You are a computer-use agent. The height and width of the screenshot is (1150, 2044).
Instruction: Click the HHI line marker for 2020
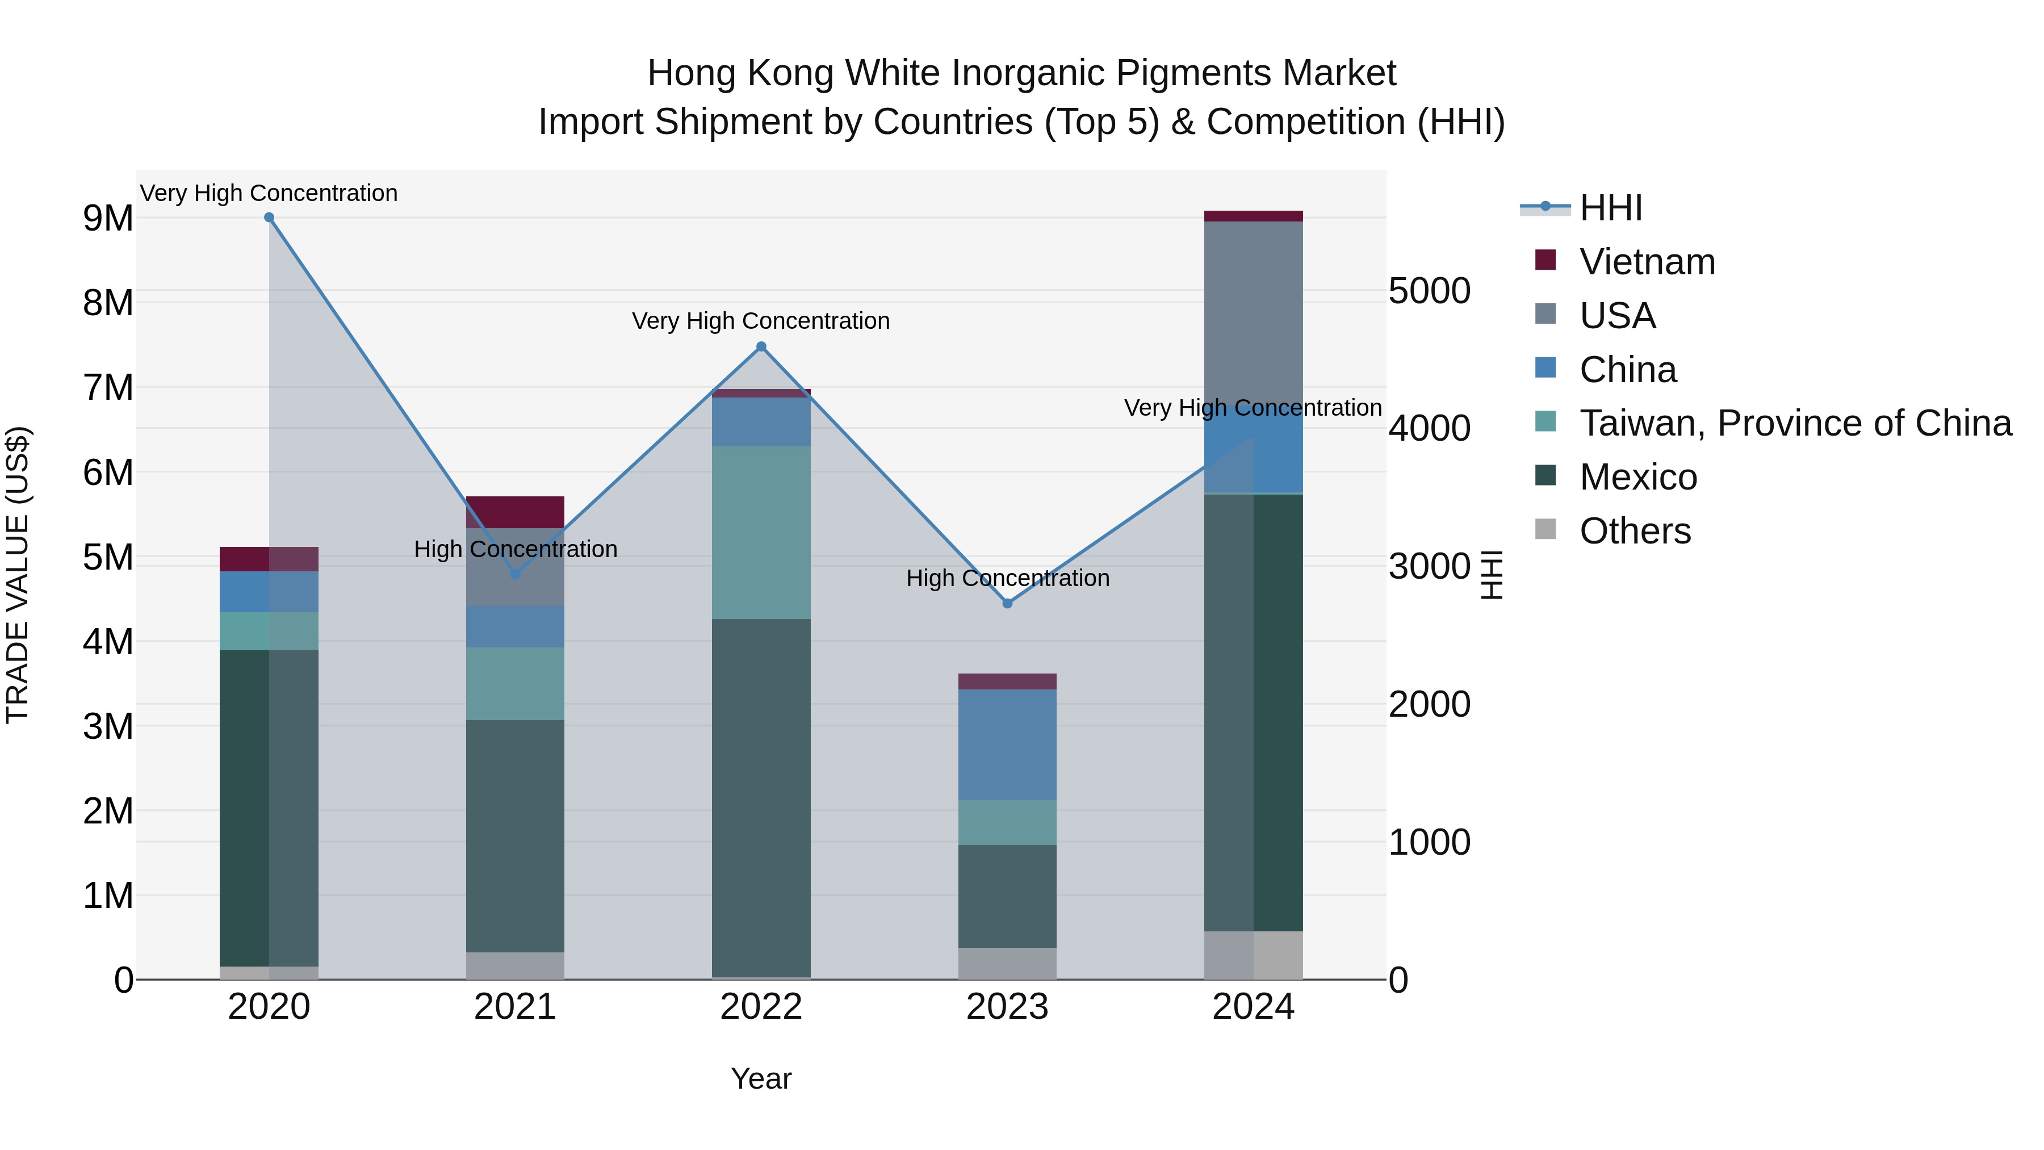click(x=269, y=218)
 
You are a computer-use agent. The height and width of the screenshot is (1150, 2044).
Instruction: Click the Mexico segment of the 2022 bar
click(x=761, y=798)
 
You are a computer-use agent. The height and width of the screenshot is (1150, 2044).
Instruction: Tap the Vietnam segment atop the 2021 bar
click(x=515, y=512)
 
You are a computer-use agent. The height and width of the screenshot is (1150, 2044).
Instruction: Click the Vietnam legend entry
click(x=1647, y=262)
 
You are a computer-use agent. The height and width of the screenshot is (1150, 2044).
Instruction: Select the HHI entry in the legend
click(x=1611, y=208)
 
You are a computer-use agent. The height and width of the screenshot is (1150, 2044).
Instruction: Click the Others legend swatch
click(x=1545, y=529)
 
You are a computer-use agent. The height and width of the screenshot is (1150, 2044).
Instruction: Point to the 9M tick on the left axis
click(x=108, y=218)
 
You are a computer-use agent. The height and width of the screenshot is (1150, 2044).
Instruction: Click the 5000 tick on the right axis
click(x=1429, y=290)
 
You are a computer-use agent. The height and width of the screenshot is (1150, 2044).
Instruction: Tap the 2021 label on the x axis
click(x=515, y=1007)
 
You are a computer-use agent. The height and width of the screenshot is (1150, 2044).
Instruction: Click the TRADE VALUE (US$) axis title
click(x=18, y=575)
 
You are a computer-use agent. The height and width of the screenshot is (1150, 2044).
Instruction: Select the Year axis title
click(x=761, y=1078)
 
